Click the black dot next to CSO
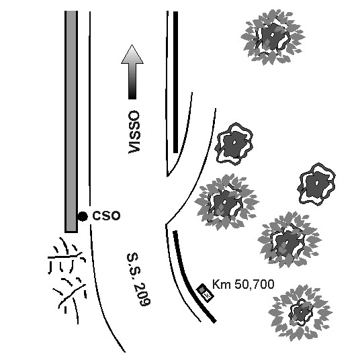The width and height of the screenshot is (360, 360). pyautogui.click(x=83, y=216)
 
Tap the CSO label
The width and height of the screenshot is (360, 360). pyautogui.click(x=106, y=216)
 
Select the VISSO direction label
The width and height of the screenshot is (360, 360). pyautogui.click(x=134, y=132)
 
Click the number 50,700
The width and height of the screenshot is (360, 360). pyautogui.click(x=255, y=285)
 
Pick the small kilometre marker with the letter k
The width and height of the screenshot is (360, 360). pyautogui.click(x=205, y=293)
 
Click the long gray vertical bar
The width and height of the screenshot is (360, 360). pyautogui.click(x=71, y=122)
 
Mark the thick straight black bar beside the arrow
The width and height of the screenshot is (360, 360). pyautogui.click(x=175, y=82)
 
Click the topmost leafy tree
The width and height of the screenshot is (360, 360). pyautogui.click(x=273, y=37)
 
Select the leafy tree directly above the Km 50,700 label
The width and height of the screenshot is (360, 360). pyautogui.click(x=289, y=240)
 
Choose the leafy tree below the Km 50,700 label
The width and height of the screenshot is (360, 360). pyautogui.click(x=300, y=313)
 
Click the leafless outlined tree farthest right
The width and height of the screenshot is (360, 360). pyautogui.click(x=316, y=184)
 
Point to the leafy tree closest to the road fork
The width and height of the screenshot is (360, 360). pyautogui.click(x=226, y=202)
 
